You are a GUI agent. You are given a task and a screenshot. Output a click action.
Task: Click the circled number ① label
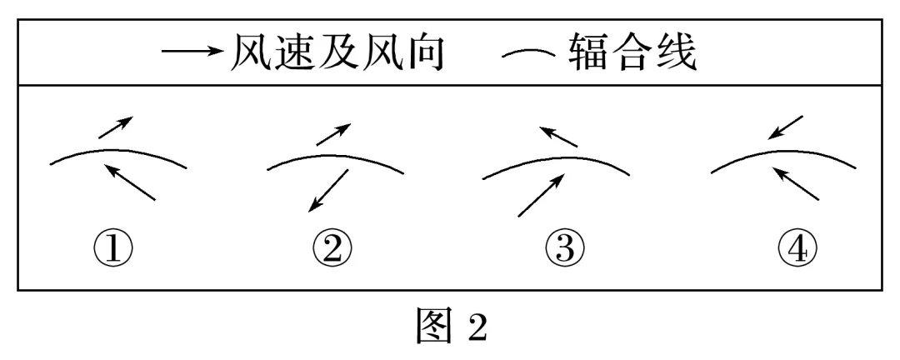click(113, 250)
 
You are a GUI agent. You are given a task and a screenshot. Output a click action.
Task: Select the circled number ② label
click(332, 250)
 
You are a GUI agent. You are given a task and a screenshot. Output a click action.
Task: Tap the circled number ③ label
click(565, 250)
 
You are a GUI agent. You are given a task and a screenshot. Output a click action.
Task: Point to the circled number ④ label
click(797, 250)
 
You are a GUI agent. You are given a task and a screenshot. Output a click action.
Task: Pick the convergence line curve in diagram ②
click(336, 154)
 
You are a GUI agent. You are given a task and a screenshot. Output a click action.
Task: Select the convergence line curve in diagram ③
click(557, 157)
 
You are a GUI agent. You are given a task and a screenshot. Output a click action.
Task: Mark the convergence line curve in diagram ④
click(783, 152)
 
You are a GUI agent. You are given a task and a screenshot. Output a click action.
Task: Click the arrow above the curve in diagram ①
click(116, 127)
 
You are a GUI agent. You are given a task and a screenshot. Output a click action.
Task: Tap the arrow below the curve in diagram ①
click(130, 182)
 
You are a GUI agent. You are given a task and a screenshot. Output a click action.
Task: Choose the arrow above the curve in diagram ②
click(333, 134)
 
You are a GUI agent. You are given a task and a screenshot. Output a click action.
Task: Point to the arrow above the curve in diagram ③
click(558, 137)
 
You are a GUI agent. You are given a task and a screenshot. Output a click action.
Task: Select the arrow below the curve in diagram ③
click(541, 196)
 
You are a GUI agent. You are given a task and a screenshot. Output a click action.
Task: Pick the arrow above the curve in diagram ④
click(785, 127)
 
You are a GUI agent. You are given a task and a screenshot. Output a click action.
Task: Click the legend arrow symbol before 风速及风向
click(192, 51)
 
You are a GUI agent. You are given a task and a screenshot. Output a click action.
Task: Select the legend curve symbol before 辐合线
click(528, 54)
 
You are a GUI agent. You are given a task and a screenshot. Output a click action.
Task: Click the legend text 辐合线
click(633, 52)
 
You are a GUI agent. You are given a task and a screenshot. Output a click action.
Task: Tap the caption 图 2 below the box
click(452, 326)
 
